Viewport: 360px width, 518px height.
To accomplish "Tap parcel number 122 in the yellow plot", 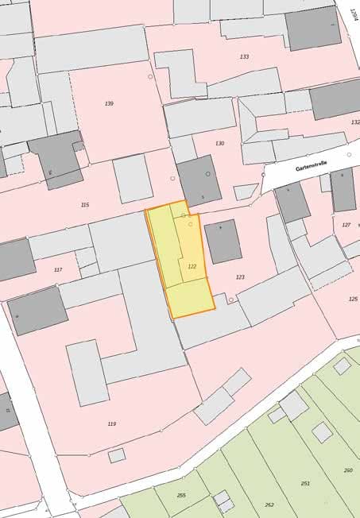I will click(x=192, y=267).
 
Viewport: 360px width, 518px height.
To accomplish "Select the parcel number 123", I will click(x=240, y=277).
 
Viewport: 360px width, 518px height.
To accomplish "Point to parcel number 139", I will click(x=109, y=104).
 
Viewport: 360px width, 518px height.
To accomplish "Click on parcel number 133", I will click(x=244, y=56).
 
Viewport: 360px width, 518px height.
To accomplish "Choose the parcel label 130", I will click(x=219, y=144).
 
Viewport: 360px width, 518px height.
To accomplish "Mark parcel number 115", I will click(x=85, y=204).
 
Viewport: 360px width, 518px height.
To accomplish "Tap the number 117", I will click(x=57, y=269).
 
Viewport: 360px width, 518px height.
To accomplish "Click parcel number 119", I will click(x=111, y=423).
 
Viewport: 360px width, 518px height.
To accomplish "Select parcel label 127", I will click(x=346, y=225).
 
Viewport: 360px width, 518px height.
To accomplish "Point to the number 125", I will click(x=353, y=299).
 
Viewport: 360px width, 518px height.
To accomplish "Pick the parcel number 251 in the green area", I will click(x=305, y=483).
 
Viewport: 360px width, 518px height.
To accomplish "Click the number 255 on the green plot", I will click(x=181, y=495).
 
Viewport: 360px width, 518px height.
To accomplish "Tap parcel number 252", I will click(x=269, y=504).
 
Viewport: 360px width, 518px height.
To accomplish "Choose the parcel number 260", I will click(x=348, y=470).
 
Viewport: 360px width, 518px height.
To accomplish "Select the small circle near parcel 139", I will click(x=150, y=77).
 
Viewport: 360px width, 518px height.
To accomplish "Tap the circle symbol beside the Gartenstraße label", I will click(x=349, y=154).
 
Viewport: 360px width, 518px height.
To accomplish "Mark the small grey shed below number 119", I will click(x=117, y=455).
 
